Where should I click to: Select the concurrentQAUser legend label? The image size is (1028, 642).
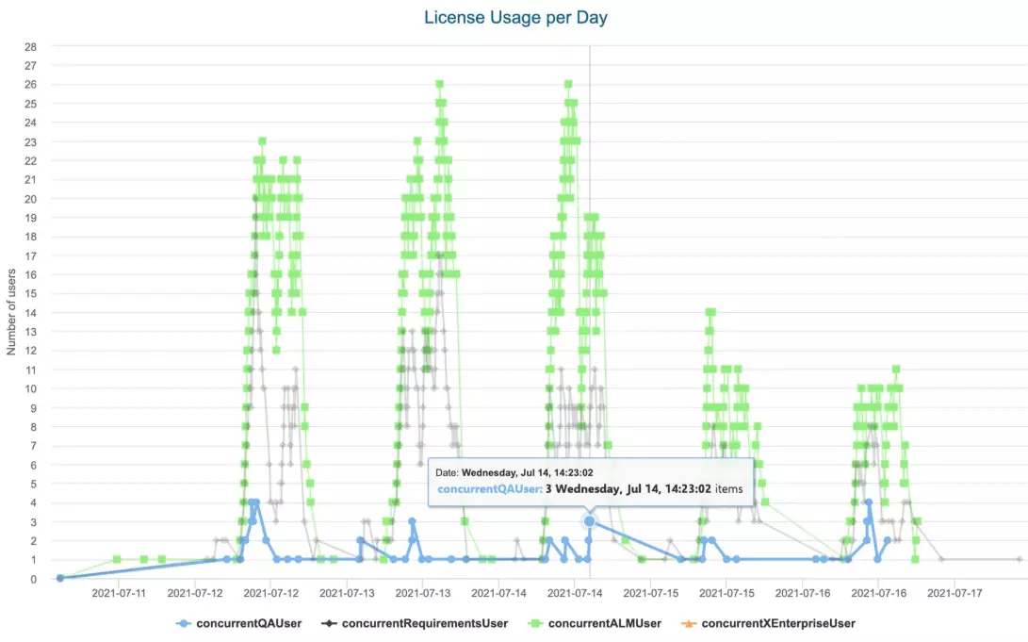pyautogui.click(x=250, y=623)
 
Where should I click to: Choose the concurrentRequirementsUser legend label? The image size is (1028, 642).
pyautogui.click(x=425, y=623)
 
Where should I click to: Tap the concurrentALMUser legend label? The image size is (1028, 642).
pyautogui.click(x=605, y=623)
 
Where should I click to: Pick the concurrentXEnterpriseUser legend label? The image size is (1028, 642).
pyautogui.click(x=778, y=623)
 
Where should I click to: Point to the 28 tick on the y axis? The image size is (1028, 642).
pyautogui.click(x=30, y=46)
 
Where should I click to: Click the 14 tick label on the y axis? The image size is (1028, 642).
pyautogui.click(x=30, y=312)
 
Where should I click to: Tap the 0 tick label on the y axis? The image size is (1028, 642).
pyautogui.click(x=33, y=579)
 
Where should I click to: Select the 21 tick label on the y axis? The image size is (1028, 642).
pyautogui.click(x=30, y=179)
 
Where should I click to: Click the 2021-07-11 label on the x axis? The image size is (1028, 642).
pyautogui.click(x=119, y=594)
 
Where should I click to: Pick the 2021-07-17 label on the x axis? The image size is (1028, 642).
pyautogui.click(x=955, y=594)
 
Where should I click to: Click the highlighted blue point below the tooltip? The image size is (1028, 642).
pyautogui.click(x=589, y=521)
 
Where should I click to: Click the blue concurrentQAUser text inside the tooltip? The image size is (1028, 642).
pyautogui.click(x=488, y=489)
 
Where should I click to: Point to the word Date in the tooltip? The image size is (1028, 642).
pyautogui.click(x=446, y=472)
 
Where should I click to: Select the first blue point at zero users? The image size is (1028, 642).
pyautogui.click(x=59, y=578)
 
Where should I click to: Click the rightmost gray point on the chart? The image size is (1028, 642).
pyautogui.click(x=1019, y=559)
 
